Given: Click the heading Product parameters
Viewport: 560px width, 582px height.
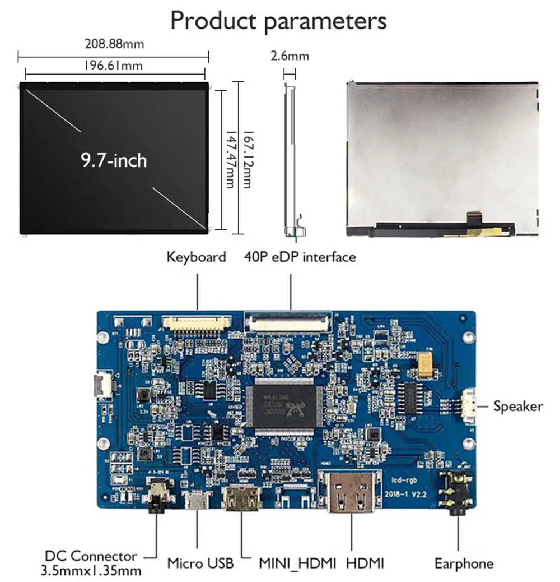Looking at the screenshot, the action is click(278, 21).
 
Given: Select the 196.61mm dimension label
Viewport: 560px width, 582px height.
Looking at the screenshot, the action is click(113, 66).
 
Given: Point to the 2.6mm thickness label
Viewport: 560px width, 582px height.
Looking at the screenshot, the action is click(290, 56).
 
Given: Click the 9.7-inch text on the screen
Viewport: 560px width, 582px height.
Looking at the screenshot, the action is click(114, 160).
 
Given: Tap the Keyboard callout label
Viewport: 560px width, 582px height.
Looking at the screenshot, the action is click(196, 257).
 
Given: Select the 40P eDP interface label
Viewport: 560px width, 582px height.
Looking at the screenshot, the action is click(300, 257).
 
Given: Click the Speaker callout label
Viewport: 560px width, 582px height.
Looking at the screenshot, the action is click(518, 406).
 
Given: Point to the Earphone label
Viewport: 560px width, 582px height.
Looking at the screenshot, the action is click(464, 563).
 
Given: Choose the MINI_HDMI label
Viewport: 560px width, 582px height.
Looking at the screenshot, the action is click(297, 563).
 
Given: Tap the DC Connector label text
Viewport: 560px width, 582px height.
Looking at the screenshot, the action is click(91, 556).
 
